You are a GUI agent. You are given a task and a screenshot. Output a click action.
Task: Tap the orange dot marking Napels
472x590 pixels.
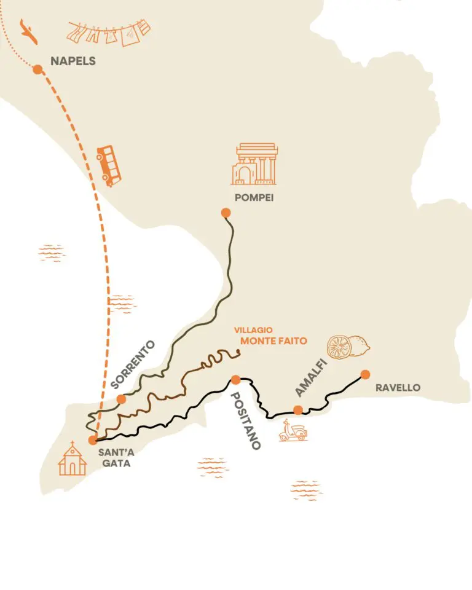pyautogui.click(x=37, y=69)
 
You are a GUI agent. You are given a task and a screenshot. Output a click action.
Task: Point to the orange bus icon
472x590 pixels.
pyautogui.click(x=109, y=165)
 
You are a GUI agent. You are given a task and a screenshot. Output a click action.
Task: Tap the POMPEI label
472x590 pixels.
pyautogui.click(x=254, y=198)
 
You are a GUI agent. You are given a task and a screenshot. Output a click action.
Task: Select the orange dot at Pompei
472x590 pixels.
pyautogui.click(x=225, y=213)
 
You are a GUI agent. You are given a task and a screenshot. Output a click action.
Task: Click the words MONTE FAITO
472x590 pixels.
pyautogui.click(x=273, y=340)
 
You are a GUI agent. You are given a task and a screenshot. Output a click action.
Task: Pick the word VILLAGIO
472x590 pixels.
pyautogui.click(x=253, y=329)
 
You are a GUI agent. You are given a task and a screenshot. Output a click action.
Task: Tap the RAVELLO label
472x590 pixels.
pyautogui.click(x=397, y=388)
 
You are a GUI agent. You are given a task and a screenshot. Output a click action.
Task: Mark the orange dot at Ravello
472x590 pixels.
pyautogui.click(x=365, y=374)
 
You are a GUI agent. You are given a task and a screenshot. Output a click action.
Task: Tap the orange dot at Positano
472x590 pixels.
pyautogui.click(x=235, y=379)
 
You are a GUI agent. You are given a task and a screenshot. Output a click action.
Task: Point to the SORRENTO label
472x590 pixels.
pyautogui.click(x=134, y=364)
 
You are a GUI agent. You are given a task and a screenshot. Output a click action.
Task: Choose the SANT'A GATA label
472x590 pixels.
pyautogui.click(x=114, y=458)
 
